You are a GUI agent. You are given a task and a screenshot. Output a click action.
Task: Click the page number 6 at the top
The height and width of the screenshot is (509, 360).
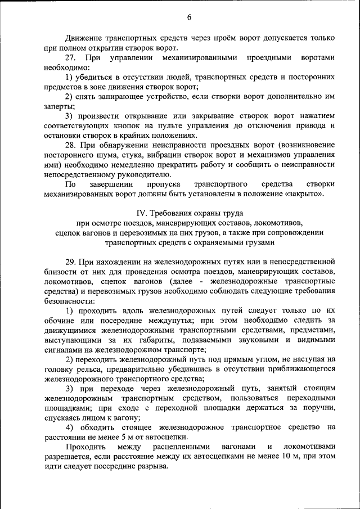coord(189,17)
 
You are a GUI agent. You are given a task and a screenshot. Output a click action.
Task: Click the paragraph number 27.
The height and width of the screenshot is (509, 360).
coord(70,58)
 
